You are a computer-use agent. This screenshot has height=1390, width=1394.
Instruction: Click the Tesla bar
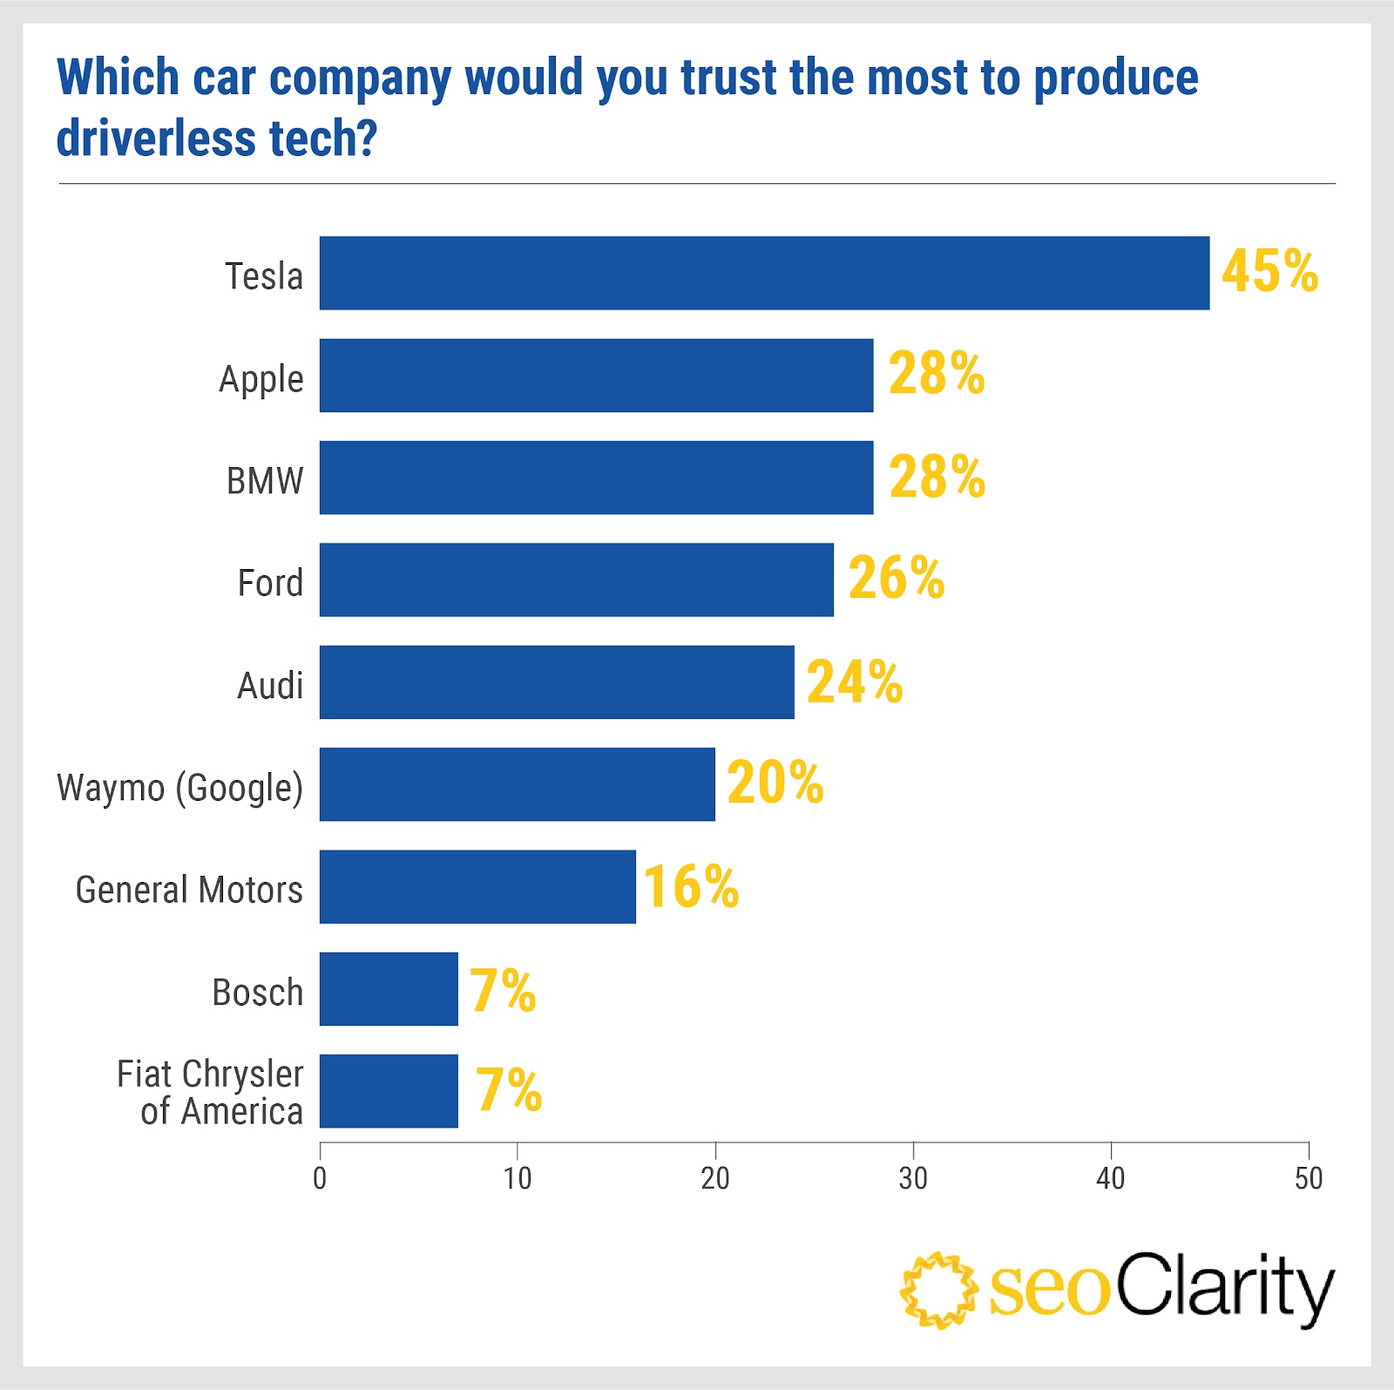[764, 273]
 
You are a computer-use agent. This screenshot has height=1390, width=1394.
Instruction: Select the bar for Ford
[576, 580]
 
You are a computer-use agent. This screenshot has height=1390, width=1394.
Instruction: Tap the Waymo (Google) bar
[517, 784]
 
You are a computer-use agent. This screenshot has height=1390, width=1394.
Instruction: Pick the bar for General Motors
[477, 886]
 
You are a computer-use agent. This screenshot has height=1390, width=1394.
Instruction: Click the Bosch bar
[389, 989]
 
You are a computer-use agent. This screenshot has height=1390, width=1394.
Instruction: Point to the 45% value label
[1269, 271]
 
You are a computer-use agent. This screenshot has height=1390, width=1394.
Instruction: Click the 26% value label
[897, 578]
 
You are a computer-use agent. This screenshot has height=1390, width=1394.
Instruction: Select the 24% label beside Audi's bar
[855, 681]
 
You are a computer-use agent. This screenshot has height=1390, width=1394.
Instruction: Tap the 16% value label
[691, 886]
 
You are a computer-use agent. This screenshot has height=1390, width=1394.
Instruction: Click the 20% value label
[775, 783]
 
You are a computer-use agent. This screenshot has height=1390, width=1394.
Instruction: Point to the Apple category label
[261, 380]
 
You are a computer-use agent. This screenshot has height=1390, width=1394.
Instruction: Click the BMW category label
[265, 481]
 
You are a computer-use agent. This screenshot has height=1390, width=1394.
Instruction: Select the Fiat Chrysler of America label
[210, 1093]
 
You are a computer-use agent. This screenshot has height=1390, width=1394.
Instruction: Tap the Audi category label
[270, 686]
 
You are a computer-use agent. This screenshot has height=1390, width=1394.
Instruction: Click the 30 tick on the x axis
[913, 1178]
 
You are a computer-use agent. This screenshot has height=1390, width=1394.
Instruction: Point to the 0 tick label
[320, 1178]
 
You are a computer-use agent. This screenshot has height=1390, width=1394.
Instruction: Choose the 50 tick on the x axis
[1309, 1178]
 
